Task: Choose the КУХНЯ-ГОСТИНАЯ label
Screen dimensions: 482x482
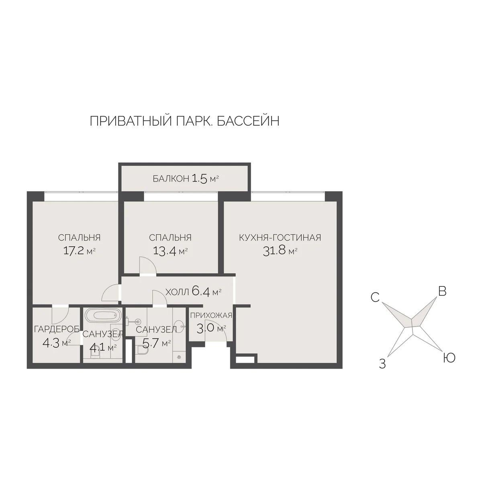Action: coord(280,237)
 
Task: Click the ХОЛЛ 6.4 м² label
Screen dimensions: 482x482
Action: coord(194,292)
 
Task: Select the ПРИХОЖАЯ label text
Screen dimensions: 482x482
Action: coord(211,315)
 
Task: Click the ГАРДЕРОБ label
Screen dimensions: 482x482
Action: coord(56,330)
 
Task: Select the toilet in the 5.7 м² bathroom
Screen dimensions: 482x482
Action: coord(141,351)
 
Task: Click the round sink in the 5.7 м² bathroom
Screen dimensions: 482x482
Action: coord(180,326)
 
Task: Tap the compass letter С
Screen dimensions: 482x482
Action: coord(375,297)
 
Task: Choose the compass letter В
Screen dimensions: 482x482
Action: coord(442,292)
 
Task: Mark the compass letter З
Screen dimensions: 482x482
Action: coord(382,364)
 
